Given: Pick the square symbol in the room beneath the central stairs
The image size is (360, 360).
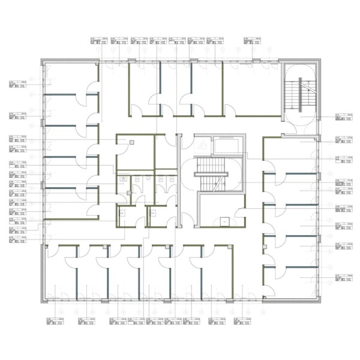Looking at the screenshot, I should (224, 220).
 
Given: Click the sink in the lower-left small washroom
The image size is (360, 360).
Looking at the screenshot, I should (122, 211).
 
